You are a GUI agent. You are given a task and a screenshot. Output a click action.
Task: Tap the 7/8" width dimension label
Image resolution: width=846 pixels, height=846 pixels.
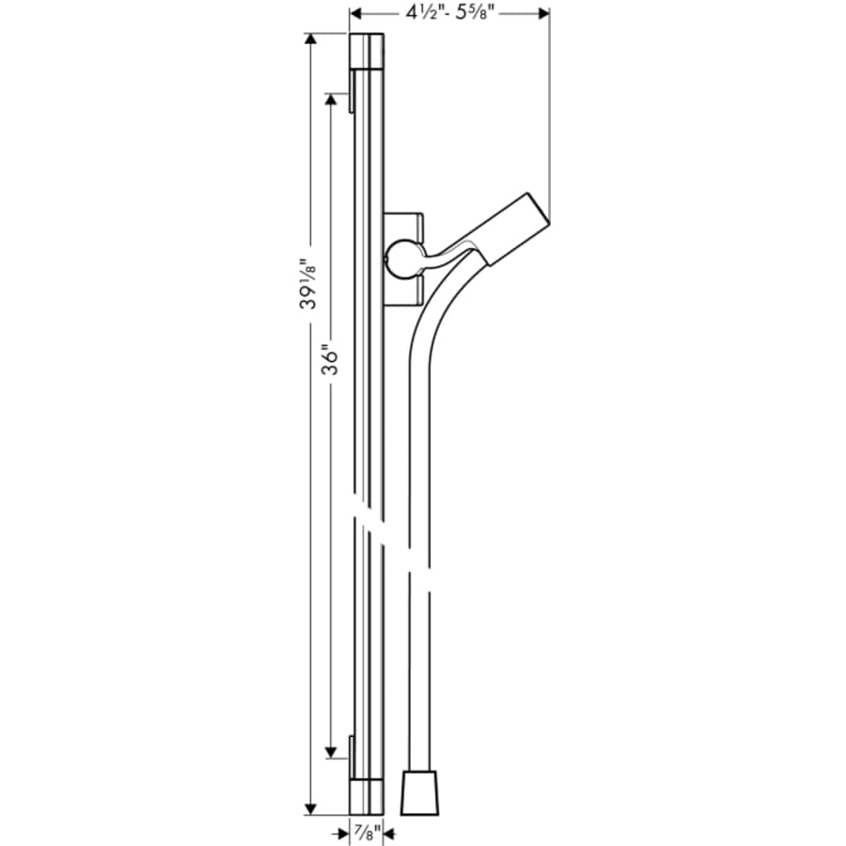365,831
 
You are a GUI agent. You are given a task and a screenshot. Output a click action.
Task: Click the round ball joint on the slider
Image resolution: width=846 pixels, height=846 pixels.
402,258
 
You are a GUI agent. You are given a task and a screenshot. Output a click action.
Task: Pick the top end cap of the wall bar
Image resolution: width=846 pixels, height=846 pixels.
366,51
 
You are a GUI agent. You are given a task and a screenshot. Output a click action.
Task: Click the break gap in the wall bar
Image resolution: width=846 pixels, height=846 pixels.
368,522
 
